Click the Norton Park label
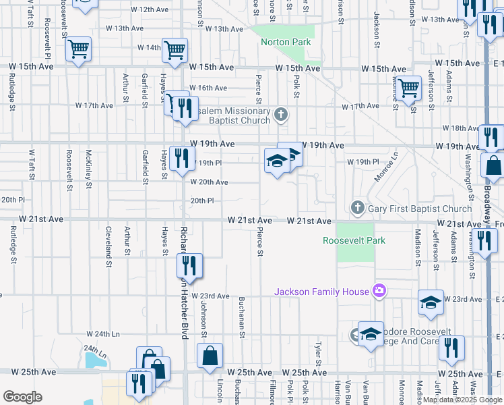point(286,43)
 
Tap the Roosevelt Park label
point(354,240)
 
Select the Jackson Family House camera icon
point(379,291)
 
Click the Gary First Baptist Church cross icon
point(358,208)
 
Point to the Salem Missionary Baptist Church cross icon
point(281,115)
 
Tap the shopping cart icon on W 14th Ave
point(175,49)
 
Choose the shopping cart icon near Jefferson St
point(408,87)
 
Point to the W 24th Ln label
point(102,334)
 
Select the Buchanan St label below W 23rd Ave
point(241,320)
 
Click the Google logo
point(22,397)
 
